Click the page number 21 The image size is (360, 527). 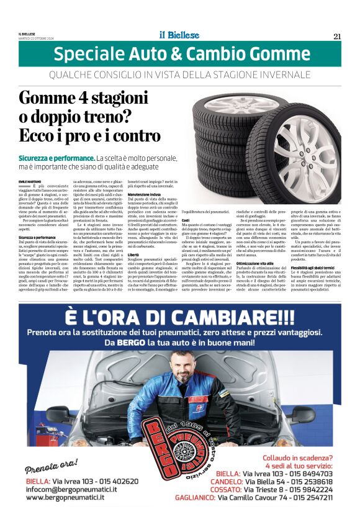(337, 36)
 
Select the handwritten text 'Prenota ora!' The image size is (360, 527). (52, 466)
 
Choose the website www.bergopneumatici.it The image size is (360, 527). (65, 497)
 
